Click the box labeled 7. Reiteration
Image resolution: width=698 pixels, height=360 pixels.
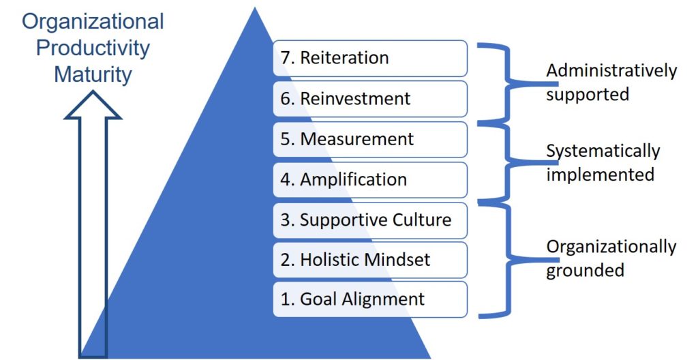tap(370, 59)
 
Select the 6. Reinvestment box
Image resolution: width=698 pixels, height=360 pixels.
tap(370, 99)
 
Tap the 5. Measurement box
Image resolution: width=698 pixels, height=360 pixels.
tap(370, 140)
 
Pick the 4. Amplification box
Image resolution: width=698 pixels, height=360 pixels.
tap(370, 180)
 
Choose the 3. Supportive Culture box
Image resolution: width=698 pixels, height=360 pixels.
tap(370, 220)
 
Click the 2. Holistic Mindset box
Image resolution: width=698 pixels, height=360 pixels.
tap(370, 260)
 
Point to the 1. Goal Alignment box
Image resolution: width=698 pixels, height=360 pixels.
tap(370, 299)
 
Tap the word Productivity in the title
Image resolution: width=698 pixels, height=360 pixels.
tap(93, 48)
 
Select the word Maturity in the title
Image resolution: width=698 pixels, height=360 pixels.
tap(93, 74)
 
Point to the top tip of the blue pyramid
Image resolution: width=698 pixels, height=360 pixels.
tap(255, 7)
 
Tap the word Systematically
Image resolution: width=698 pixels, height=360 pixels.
tap(603, 151)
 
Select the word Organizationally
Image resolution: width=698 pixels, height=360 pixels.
tap(611, 247)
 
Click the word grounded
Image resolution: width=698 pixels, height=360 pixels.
tap(585, 271)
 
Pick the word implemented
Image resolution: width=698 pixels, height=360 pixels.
tap(600, 175)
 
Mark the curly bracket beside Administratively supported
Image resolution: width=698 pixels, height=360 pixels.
tap(507, 82)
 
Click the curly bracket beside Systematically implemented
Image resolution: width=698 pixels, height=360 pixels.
tap(507, 162)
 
